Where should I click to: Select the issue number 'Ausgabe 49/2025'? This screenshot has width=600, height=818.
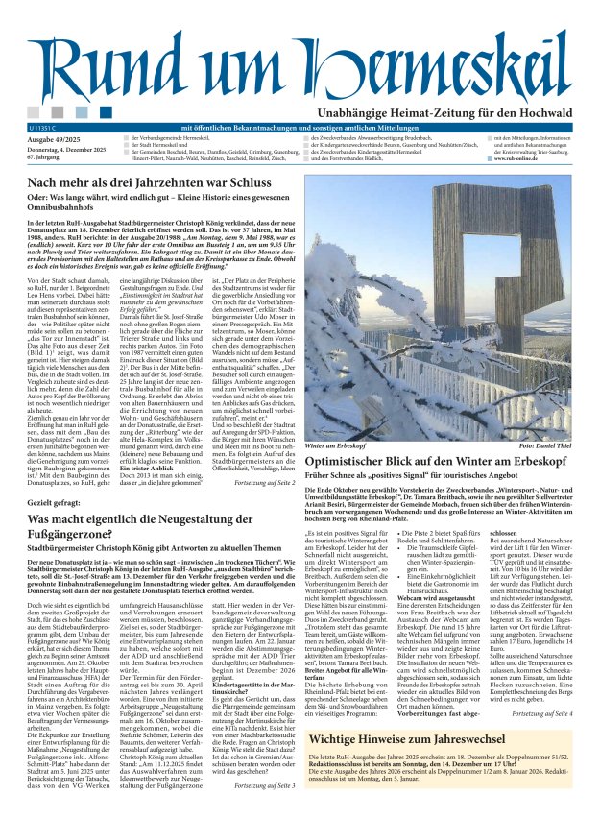click(54, 139)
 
